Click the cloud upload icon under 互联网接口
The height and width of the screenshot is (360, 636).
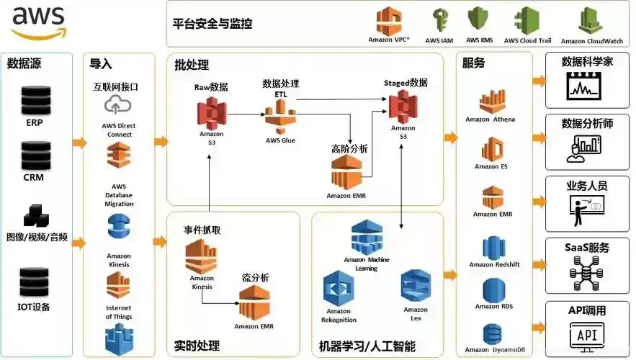click(115, 106)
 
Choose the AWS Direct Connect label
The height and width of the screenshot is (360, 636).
click(118, 130)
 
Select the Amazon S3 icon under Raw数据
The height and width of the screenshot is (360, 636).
click(211, 112)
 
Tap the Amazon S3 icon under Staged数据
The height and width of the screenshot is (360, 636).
click(403, 107)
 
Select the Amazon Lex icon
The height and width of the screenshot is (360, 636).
click(416, 286)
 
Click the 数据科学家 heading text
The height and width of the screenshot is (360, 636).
click(587, 62)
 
